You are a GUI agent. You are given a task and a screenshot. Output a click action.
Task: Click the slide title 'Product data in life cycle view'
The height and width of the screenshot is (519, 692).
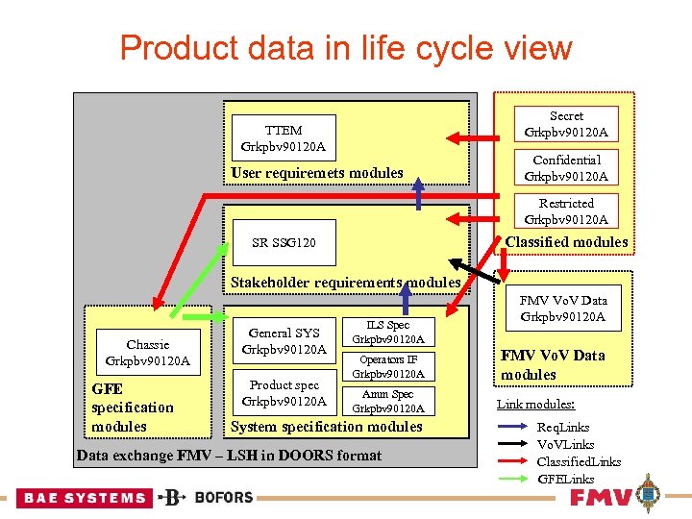click(x=346, y=47)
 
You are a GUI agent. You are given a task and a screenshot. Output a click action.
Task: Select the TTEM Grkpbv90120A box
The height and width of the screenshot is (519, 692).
click(x=284, y=138)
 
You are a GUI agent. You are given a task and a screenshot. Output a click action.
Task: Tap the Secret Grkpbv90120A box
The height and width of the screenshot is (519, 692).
click(x=566, y=124)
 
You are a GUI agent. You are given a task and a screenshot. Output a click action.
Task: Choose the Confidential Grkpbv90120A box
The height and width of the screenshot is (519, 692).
click(x=566, y=167)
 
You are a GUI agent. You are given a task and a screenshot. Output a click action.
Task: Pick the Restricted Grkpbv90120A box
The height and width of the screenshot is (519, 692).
click(x=566, y=210)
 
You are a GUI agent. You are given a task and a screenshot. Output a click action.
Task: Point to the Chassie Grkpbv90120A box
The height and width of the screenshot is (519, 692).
click(x=147, y=353)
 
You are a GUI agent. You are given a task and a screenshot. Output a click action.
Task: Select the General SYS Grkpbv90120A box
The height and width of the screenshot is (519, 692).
click(x=284, y=340)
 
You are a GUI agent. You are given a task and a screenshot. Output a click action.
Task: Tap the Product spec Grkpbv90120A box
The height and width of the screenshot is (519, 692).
click(x=284, y=393)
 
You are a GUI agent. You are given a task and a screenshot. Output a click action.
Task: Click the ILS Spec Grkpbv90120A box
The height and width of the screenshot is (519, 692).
click(x=387, y=333)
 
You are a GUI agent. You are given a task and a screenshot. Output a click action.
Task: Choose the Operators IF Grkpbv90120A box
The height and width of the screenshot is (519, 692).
click(x=387, y=366)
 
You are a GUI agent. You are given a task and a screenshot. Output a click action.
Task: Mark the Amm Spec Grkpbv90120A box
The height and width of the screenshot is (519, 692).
click(x=387, y=401)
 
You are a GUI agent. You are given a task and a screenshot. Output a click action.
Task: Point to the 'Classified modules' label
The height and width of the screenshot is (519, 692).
click(x=566, y=242)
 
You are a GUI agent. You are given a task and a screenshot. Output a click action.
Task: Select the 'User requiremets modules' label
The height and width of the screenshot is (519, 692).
click(x=317, y=173)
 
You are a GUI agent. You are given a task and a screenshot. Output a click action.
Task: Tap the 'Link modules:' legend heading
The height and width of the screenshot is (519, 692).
click(x=535, y=404)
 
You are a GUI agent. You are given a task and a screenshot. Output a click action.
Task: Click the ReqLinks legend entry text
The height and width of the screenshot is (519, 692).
click(x=563, y=427)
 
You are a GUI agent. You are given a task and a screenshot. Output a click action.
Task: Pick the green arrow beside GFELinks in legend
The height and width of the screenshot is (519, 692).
click(x=513, y=479)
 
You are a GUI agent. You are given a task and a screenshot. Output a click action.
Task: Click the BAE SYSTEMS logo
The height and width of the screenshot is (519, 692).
click(x=85, y=498)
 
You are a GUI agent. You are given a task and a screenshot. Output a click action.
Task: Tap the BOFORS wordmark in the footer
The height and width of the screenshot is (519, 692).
click(x=223, y=498)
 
